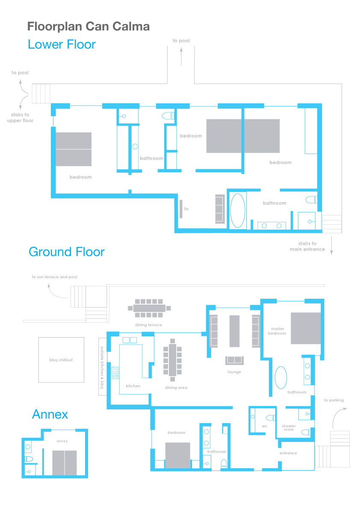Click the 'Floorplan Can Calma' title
[x=89, y=26]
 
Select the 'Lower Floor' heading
[x=62, y=44]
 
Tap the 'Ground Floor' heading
[x=67, y=252]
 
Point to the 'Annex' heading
[x=50, y=414]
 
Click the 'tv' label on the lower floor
[x=186, y=209]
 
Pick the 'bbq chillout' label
[x=61, y=360]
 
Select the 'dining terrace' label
[x=148, y=325]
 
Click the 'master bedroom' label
[x=277, y=331]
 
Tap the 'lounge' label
[x=234, y=372]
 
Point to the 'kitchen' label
[x=133, y=385]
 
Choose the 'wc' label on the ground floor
[x=265, y=426]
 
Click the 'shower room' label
[x=289, y=427]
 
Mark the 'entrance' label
[x=288, y=453]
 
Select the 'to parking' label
[x=334, y=400]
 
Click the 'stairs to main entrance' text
[x=307, y=246]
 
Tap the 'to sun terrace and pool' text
[x=55, y=277]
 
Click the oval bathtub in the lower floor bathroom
[x=238, y=210]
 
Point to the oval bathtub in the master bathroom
[x=281, y=377]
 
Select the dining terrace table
[x=149, y=308]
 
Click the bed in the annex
[x=65, y=462]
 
